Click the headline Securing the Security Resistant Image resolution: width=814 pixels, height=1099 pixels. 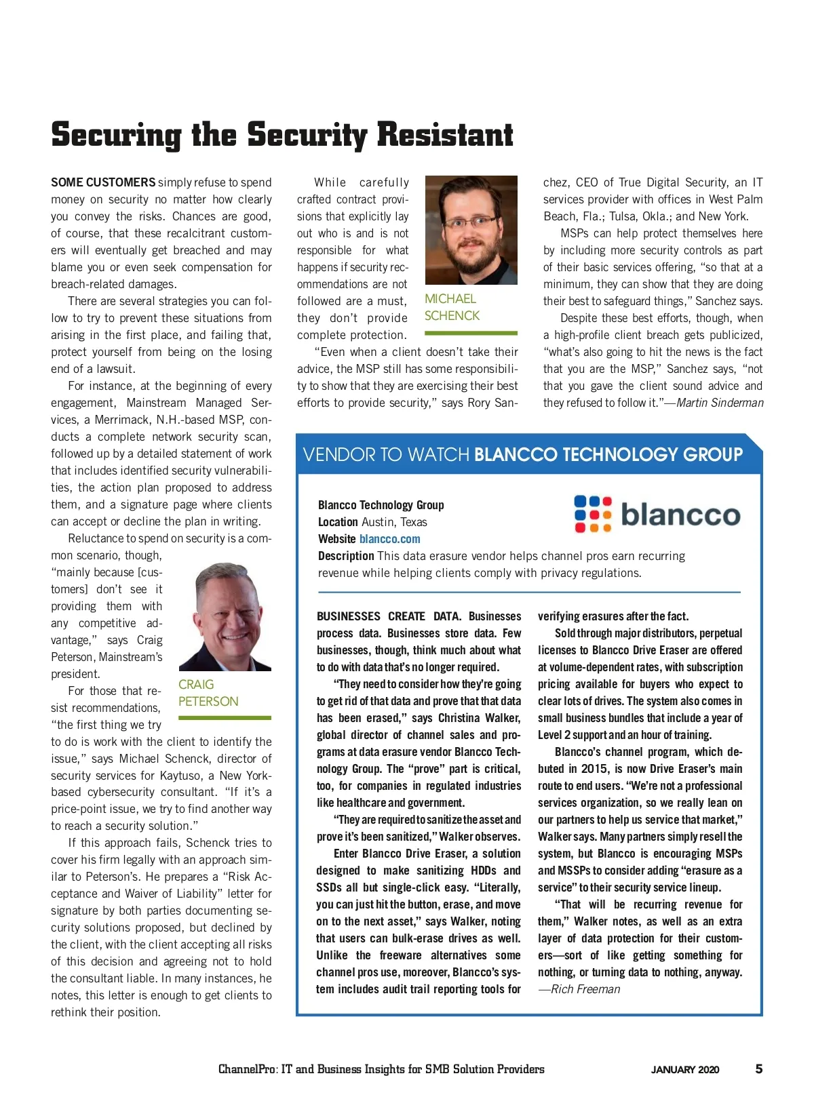pyautogui.click(x=282, y=134)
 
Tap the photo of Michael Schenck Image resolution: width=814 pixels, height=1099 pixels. pyautogui.click(x=471, y=230)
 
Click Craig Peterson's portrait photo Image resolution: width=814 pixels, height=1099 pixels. pyautogui.click(x=225, y=616)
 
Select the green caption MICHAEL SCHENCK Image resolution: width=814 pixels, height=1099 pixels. pyautogui.click(x=452, y=307)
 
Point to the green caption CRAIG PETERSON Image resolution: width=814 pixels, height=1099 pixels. pyautogui.click(x=208, y=693)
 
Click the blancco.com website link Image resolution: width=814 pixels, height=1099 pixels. pyautogui.click(x=389, y=539)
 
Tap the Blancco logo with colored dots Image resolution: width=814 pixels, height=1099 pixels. pyautogui.click(x=657, y=514)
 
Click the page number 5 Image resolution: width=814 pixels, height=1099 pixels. pyautogui.click(x=758, y=1069)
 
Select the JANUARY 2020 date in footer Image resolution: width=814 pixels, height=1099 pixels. pyautogui.click(x=685, y=1070)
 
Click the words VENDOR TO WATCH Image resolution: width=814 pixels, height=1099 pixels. pyautogui.click(x=386, y=454)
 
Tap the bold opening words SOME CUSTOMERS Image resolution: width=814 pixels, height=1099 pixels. pyautogui.click(x=103, y=182)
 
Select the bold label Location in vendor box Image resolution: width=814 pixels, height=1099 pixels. pyautogui.click(x=338, y=522)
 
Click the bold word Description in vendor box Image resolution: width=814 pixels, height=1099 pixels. pyautogui.click(x=346, y=556)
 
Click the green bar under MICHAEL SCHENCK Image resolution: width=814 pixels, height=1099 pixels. pyautogui.click(x=471, y=333)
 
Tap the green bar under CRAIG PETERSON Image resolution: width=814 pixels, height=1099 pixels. pyautogui.click(x=225, y=717)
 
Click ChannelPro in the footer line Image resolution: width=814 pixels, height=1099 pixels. pyautogui.click(x=247, y=1069)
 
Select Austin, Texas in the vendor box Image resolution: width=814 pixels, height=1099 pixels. pyautogui.click(x=394, y=522)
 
